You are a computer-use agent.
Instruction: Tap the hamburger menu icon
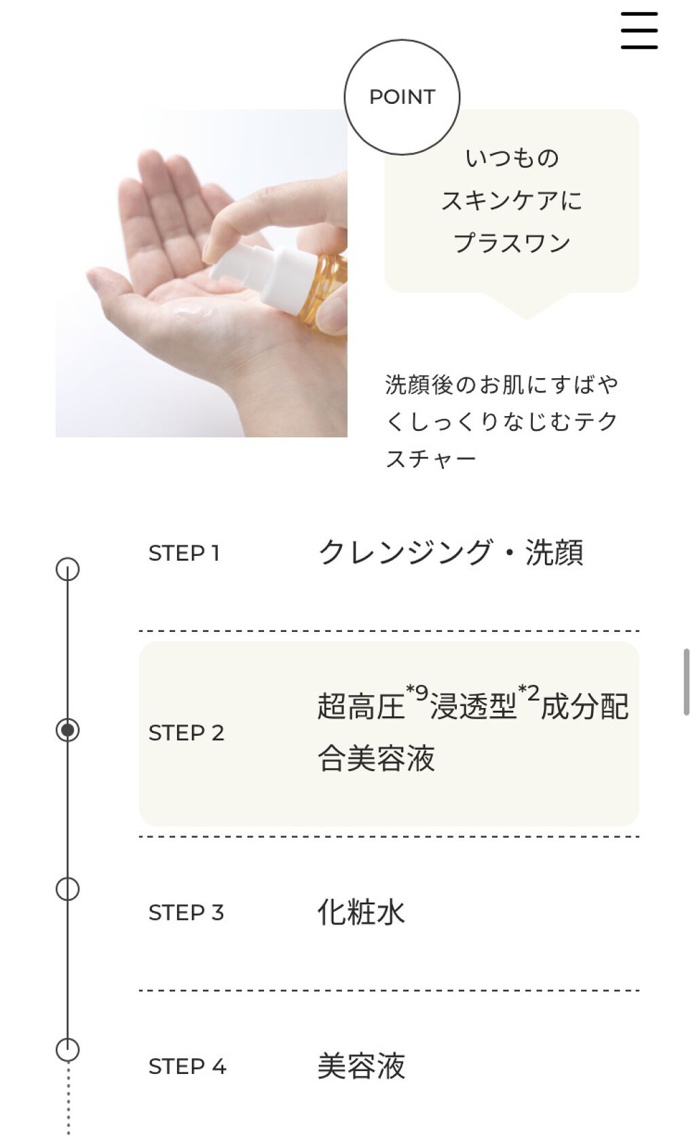click(639, 31)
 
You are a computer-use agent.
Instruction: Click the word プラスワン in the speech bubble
click(512, 243)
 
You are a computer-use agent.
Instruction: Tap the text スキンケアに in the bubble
click(512, 200)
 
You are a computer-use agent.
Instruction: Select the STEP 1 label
click(184, 553)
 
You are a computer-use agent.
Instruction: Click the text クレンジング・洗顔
click(450, 552)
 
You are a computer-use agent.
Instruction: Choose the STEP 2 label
click(186, 733)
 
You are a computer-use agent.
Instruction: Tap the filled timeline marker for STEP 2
click(67, 730)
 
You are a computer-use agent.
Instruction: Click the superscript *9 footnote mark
click(417, 692)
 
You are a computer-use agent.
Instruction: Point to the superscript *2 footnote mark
click(529, 692)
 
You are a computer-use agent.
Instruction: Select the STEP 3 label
click(186, 912)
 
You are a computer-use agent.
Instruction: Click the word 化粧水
click(361, 912)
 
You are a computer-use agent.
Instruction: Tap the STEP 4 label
click(187, 1066)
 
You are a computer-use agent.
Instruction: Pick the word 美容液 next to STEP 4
click(361, 1066)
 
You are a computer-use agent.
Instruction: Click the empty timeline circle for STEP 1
click(67, 569)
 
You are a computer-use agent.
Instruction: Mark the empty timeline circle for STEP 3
click(67, 889)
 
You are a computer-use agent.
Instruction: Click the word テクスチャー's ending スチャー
click(431, 460)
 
